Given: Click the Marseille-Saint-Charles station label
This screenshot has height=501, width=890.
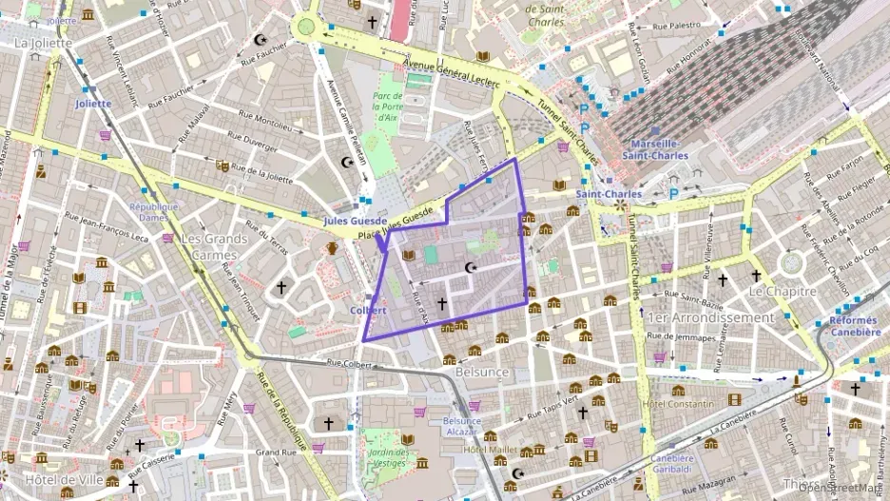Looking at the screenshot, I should click(656, 149).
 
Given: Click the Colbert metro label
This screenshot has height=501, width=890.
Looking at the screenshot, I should click(368, 311).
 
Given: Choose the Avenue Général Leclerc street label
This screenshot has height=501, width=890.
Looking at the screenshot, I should click(452, 73).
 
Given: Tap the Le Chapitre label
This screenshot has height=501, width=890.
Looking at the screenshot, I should click(776, 289).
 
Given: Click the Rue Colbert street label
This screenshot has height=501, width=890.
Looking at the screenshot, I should click(347, 361).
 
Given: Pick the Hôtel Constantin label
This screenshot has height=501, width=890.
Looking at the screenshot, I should click(678, 404).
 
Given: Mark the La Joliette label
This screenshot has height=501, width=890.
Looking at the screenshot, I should click(43, 43).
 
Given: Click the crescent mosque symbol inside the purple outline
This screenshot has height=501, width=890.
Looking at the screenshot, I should click(470, 268).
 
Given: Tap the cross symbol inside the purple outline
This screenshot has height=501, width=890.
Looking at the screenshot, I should click(441, 303).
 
